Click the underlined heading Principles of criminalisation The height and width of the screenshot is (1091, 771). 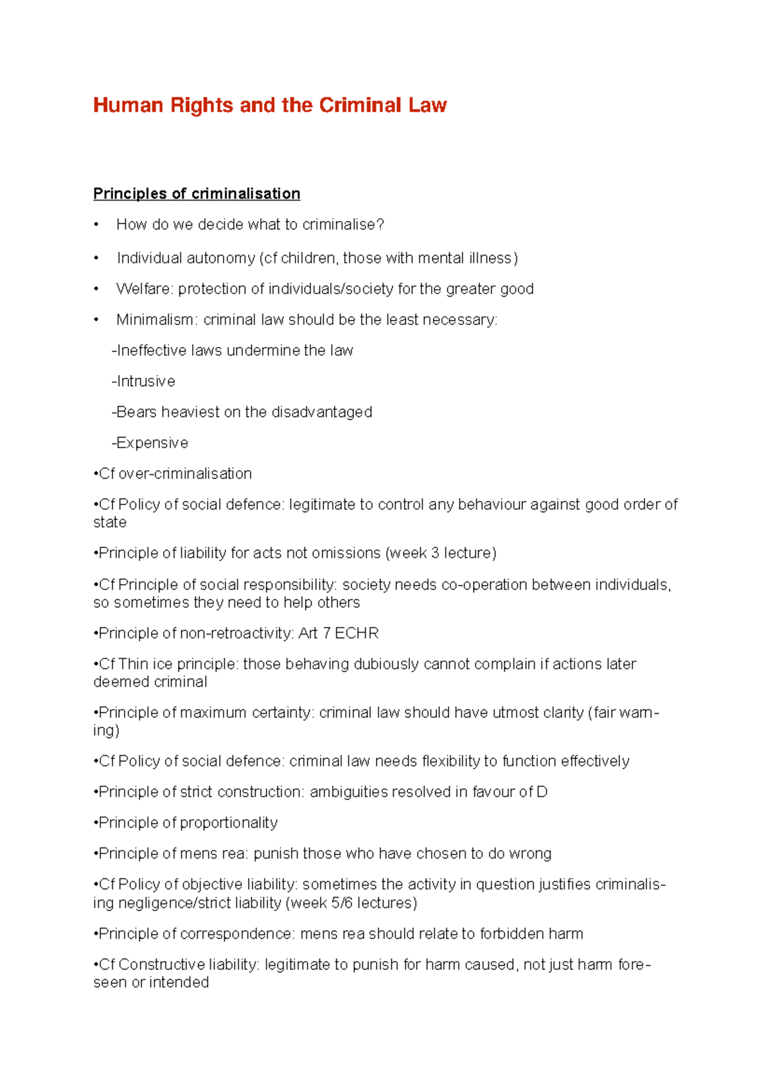(x=197, y=194)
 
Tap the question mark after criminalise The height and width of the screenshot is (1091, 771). (x=380, y=225)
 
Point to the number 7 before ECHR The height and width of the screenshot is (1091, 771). (x=327, y=634)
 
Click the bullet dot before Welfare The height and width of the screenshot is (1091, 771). (x=96, y=289)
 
